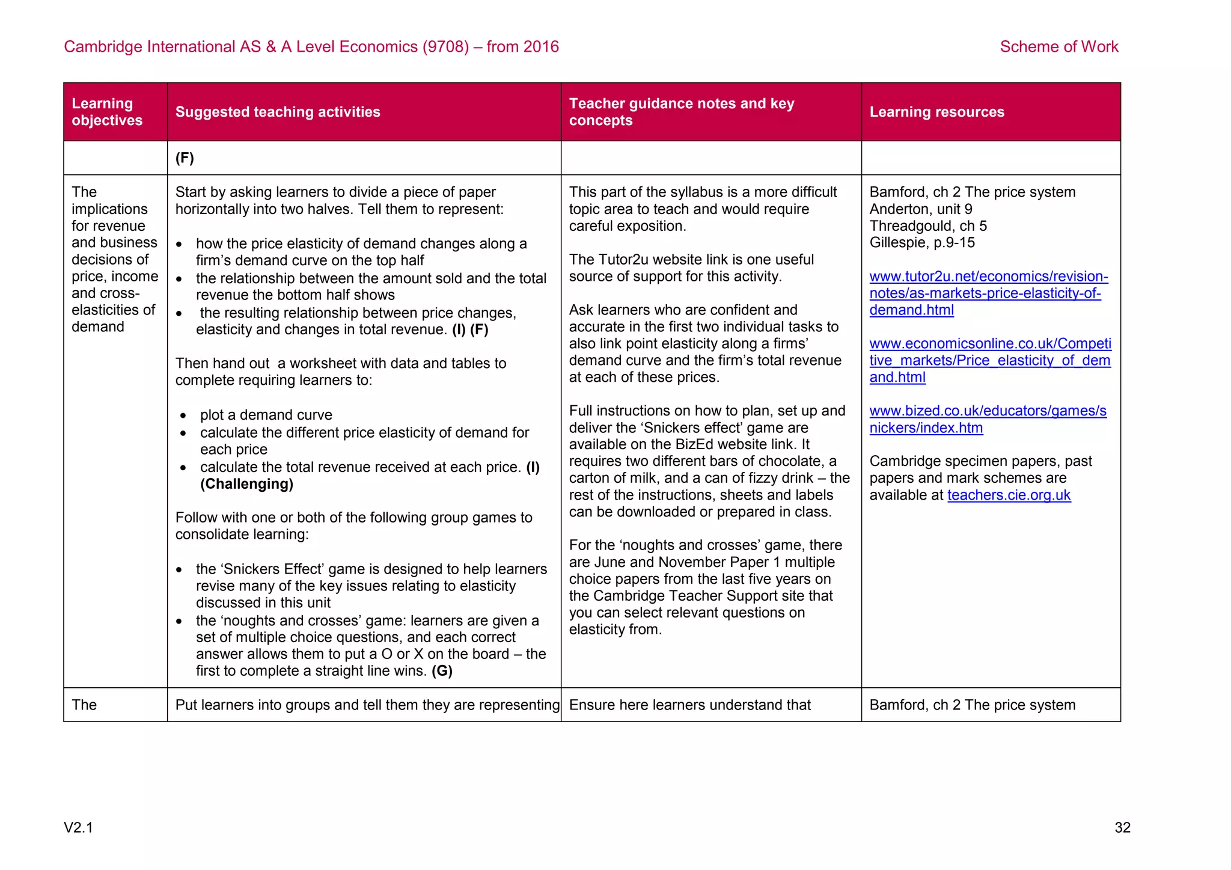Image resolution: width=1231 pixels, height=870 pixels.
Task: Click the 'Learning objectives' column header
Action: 107,112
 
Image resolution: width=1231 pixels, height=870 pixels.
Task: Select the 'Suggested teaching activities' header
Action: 278,112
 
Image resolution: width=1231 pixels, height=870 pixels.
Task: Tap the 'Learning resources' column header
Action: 936,112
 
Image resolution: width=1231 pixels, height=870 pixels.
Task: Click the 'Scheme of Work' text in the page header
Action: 1058,47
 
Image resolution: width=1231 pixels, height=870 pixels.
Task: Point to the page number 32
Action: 1122,827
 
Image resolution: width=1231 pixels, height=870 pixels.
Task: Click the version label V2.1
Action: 79,827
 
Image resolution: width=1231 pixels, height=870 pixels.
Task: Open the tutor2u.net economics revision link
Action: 988,293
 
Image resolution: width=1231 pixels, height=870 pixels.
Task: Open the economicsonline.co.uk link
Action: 989,360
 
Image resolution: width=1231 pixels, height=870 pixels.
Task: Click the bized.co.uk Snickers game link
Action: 987,419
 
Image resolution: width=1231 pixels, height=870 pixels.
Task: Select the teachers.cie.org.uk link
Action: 1009,495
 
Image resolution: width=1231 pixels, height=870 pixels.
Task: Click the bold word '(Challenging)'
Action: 246,484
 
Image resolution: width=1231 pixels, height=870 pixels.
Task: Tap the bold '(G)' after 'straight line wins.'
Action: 442,671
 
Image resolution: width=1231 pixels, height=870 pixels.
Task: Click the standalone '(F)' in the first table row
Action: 185,158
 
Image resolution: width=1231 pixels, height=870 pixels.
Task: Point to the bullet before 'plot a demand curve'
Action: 183,415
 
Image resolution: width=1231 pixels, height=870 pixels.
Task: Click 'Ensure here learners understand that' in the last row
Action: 689,705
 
